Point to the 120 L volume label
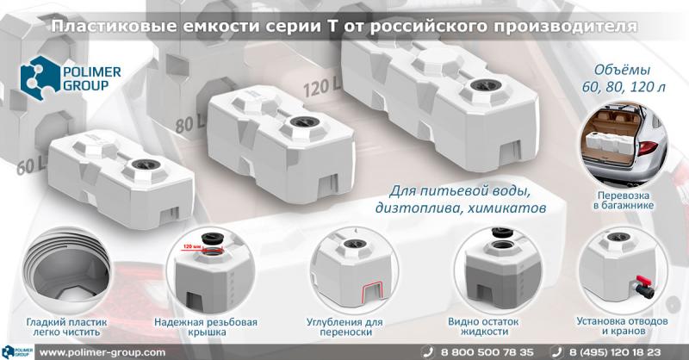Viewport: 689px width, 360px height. tap(323, 87)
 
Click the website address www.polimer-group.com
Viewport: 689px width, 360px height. tap(102, 352)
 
